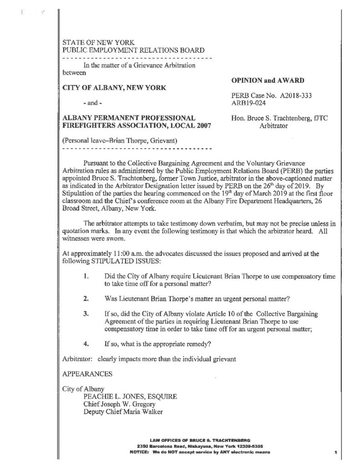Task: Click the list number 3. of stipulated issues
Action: [x=85, y=314]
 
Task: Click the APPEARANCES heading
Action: [x=84, y=375]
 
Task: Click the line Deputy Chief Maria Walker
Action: [x=117, y=412]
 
